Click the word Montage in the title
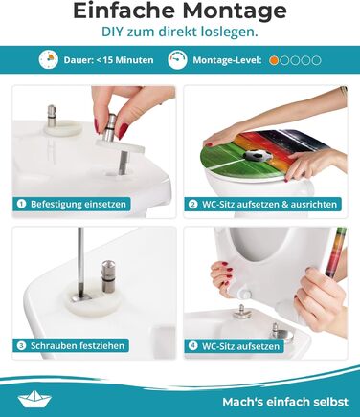pyautogui.click(x=235, y=11)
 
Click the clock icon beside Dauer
pyautogui.click(x=49, y=59)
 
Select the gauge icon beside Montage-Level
pyautogui.click(x=177, y=59)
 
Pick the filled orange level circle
pyautogui.click(x=274, y=60)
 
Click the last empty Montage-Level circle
pyautogui.click(x=316, y=60)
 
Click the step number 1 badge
pyautogui.click(x=21, y=204)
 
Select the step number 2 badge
pyautogui.click(x=192, y=204)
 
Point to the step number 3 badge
pyautogui.click(x=21, y=345)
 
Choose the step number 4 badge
pyautogui.click(x=192, y=346)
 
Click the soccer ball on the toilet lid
pyautogui.click(x=259, y=155)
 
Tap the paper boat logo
pyautogui.click(x=34, y=399)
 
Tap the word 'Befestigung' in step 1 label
pyautogui.click(x=52, y=204)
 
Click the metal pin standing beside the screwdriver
pyautogui.click(x=108, y=276)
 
